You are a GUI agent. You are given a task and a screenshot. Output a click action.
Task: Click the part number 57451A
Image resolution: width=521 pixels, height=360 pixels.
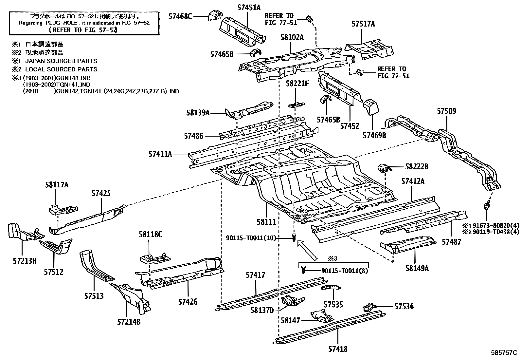[249, 8]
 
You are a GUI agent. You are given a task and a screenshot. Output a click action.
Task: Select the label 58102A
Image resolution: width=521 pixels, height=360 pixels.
[292, 37]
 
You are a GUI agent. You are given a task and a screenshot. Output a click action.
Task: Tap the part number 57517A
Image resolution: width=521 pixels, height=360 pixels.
[363, 24]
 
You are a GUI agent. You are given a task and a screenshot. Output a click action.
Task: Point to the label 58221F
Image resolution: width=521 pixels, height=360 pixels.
[297, 83]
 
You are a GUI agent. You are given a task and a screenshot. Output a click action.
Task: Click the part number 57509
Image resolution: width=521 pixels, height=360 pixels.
[446, 111]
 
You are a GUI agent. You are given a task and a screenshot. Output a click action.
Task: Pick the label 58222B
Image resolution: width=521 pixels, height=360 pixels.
[417, 166]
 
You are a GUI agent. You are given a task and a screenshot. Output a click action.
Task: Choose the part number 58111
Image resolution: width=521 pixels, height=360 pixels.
[266, 222]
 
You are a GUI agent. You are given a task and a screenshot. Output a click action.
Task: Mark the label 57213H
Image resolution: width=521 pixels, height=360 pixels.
[25, 261]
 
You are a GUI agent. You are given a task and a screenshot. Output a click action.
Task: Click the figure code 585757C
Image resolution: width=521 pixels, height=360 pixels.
[504, 352]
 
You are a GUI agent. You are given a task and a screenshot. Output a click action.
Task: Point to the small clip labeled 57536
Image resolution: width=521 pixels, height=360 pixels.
[369, 307]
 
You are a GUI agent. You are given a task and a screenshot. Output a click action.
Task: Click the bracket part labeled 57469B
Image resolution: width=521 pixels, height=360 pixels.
[371, 107]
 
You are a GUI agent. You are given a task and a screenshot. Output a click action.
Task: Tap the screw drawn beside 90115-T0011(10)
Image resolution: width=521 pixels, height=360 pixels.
[294, 237]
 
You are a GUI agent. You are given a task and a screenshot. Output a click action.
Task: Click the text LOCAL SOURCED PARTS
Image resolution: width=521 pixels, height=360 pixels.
[61, 69]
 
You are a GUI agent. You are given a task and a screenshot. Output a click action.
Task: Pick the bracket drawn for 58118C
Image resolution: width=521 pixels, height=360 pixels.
[155, 258]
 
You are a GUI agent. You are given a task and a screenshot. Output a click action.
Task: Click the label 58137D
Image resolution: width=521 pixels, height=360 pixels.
[262, 310]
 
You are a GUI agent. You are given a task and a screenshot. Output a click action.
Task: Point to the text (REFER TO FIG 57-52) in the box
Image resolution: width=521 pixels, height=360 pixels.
[83, 30]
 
